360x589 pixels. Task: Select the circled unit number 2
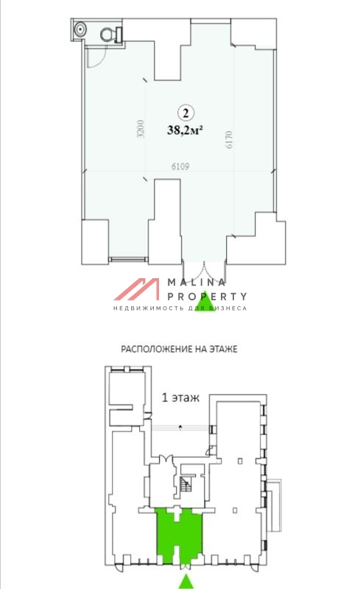[x=186, y=112]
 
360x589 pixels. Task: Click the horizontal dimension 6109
[x=181, y=166]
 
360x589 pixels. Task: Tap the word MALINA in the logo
[x=197, y=283]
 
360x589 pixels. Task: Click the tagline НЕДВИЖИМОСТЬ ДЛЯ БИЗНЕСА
[x=180, y=307]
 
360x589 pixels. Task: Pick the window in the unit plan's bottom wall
[x=128, y=258]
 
